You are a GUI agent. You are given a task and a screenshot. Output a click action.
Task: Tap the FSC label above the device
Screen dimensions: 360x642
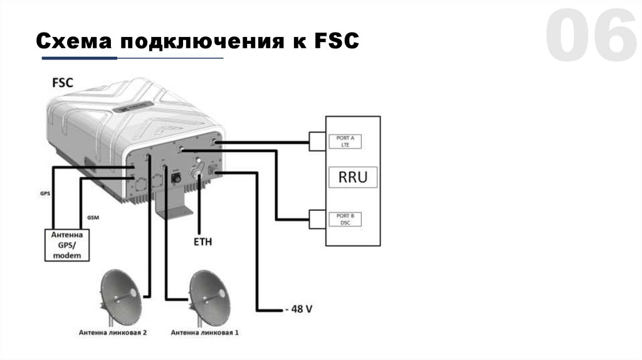pos(61,82)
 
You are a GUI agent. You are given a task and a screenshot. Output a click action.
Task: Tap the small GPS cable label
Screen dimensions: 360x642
pos(45,194)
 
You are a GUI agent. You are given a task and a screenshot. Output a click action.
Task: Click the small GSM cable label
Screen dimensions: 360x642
pos(92,217)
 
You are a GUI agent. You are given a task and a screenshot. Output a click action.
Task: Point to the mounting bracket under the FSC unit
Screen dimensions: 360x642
pos(172,207)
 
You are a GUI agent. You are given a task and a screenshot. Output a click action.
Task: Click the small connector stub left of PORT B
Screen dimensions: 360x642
pos(317,219)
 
